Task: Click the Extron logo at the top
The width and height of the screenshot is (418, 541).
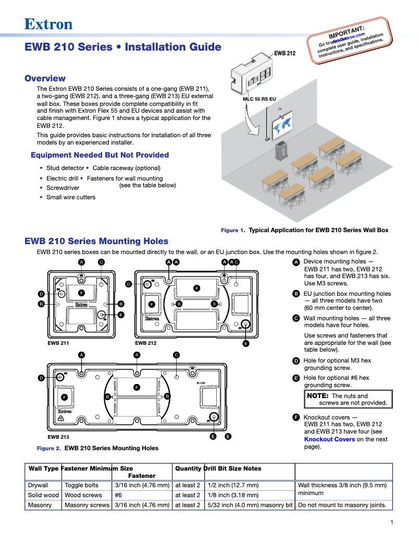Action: click(48, 24)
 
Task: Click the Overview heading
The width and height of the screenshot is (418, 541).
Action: click(45, 79)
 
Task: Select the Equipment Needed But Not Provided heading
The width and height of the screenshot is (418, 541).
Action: click(100, 155)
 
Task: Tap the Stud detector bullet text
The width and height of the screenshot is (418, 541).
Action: click(65, 168)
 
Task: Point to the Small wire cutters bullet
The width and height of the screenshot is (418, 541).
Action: click(71, 197)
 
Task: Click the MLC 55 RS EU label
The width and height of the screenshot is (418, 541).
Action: click(260, 99)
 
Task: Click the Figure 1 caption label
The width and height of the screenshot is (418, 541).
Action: click(233, 230)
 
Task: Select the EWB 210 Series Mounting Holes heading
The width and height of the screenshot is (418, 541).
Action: click(96, 241)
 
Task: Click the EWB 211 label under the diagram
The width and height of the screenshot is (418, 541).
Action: click(58, 343)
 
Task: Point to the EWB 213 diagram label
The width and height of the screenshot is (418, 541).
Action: click(58, 437)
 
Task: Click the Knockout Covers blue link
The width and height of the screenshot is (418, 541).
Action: click(329, 439)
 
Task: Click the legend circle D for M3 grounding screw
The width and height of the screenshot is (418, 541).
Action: click(296, 361)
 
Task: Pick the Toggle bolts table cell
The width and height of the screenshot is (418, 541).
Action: click(81, 485)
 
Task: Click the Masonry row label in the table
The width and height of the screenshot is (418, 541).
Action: click(40, 505)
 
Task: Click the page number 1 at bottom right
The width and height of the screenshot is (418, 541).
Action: click(391, 523)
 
